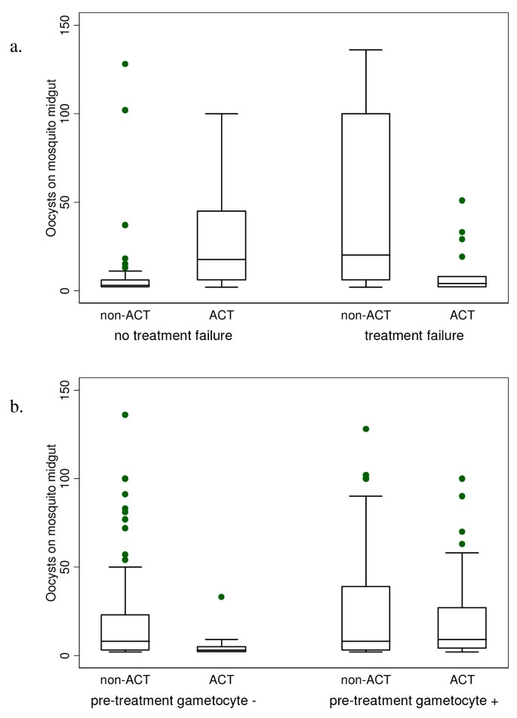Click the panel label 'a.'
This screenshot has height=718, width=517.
[16, 48]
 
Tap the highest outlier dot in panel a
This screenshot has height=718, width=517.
[125, 63]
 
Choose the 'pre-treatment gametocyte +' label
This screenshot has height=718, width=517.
[414, 701]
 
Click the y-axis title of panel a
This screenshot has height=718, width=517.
[51, 158]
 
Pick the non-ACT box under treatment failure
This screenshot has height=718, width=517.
[365, 196]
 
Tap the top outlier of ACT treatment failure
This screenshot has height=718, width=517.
[462, 201]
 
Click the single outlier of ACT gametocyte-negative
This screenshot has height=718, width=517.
[221, 597]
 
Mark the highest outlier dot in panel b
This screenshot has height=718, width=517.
[125, 415]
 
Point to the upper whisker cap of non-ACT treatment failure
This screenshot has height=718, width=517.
[365, 50]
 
